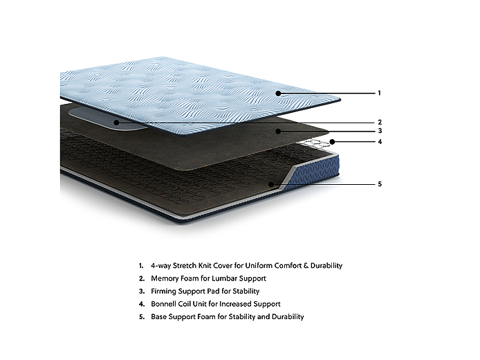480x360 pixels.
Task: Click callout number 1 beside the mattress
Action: click(379, 93)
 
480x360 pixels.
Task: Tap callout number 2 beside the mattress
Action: click(380, 123)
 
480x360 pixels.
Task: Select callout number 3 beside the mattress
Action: click(380, 131)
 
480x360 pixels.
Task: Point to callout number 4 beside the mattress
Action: click(380, 142)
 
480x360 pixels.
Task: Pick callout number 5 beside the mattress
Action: click(380, 184)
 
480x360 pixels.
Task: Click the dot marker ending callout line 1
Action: click(278, 93)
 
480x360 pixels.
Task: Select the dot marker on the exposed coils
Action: click(333, 142)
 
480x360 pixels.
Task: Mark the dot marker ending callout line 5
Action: click(272, 184)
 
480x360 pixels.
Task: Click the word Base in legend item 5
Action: click(158, 316)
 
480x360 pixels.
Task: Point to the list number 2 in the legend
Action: click(140, 278)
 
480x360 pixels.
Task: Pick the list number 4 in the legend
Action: click(140, 304)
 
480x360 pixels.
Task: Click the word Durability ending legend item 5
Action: click(286, 316)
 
